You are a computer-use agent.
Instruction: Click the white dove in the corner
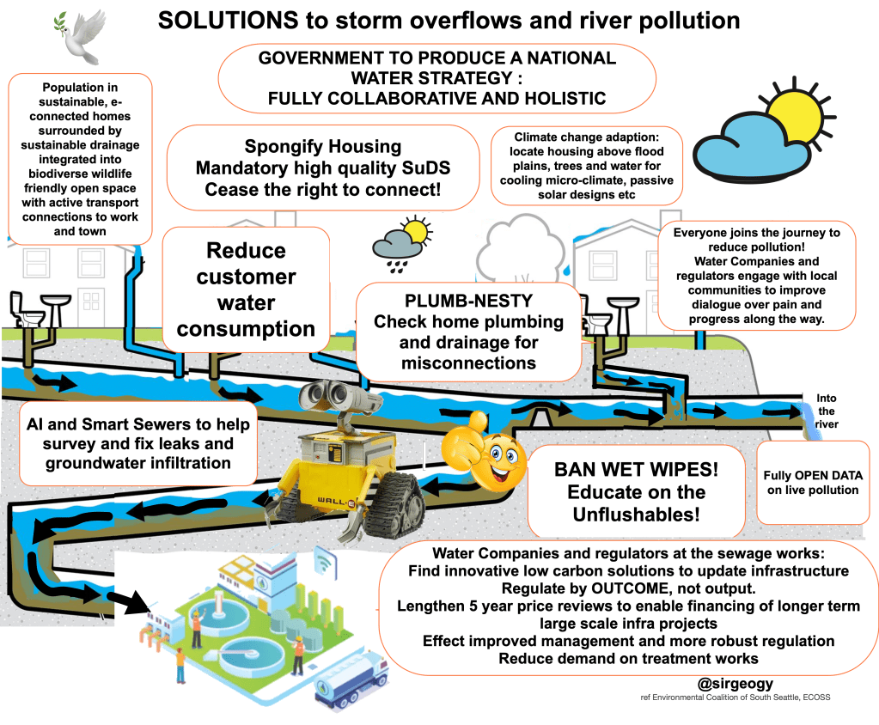click(80, 34)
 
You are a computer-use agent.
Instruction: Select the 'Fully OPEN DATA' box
click(813, 482)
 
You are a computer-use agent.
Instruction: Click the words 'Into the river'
click(826, 411)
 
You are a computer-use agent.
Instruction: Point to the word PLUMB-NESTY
click(467, 302)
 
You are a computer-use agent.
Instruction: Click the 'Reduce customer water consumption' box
click(246, 289)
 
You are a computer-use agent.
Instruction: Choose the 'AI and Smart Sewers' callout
click(137, 443)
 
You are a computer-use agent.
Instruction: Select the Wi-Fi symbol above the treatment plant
click(325, 564)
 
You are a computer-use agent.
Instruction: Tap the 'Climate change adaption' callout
click(587, 166)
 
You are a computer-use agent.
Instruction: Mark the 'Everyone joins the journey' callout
click(755, 277)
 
